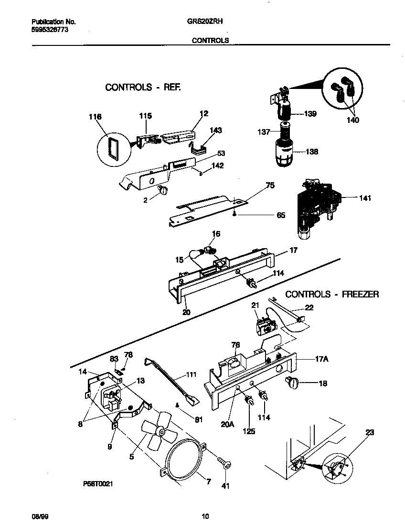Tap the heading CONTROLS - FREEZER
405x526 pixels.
click(332, 294)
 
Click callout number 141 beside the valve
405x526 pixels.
click(350, 197)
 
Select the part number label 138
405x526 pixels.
click(312, 152)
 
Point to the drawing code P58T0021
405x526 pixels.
click(98, 484)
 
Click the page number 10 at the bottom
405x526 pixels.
click(205, 516)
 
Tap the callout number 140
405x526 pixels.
click(353, 120)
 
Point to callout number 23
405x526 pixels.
click(370, 432)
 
